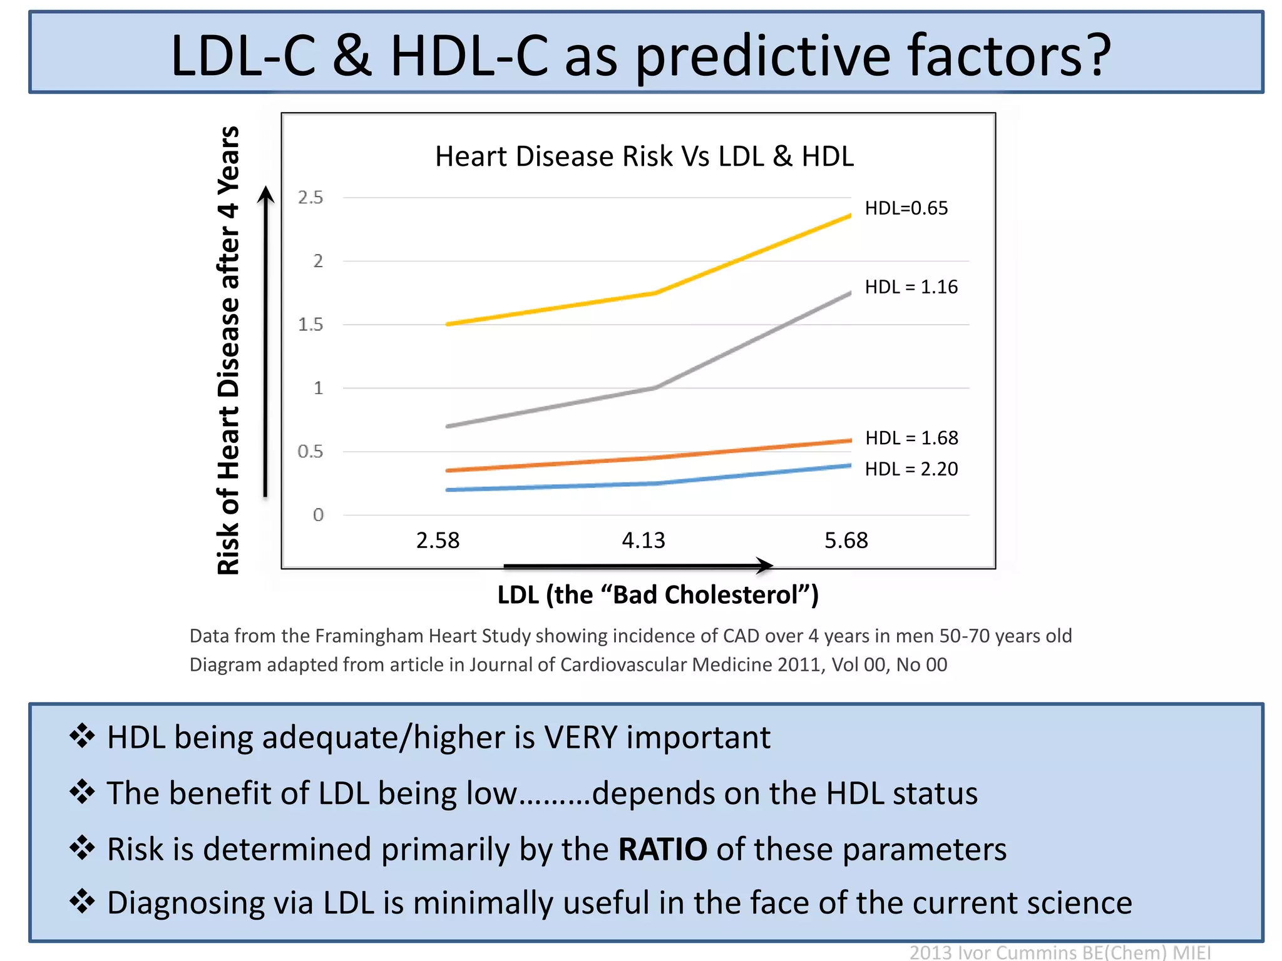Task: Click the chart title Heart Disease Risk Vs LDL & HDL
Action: (644, 156)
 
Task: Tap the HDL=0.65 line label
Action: (906, 208)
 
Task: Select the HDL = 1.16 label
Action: (911, 287)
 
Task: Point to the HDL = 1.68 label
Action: (911, 438)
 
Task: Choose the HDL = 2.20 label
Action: (911, 469)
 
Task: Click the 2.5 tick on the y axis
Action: (310, 198)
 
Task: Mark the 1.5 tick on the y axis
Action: (310, 325)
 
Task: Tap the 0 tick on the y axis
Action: (318, 515)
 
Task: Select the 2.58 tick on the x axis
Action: (438, 541)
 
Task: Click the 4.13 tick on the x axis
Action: (643, 541)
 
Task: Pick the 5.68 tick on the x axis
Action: (846, 541)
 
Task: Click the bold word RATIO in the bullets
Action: (662, 850)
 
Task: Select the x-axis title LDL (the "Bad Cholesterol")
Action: (657, 595)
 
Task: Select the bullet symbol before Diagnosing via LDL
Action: (82, 902)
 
